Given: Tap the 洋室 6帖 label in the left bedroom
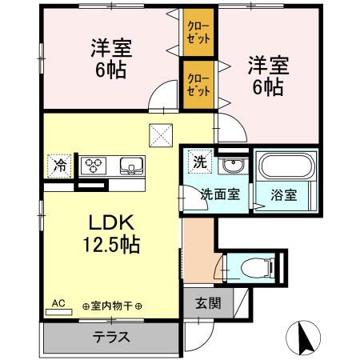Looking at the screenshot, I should [110, 58].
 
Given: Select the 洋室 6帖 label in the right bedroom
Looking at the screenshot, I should [264, 74].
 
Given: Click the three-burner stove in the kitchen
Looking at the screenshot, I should [96, 166].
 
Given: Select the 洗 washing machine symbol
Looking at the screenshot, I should [199, 161].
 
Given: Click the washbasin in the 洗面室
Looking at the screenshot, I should [233, 166].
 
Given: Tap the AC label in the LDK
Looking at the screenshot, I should [58, 303].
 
